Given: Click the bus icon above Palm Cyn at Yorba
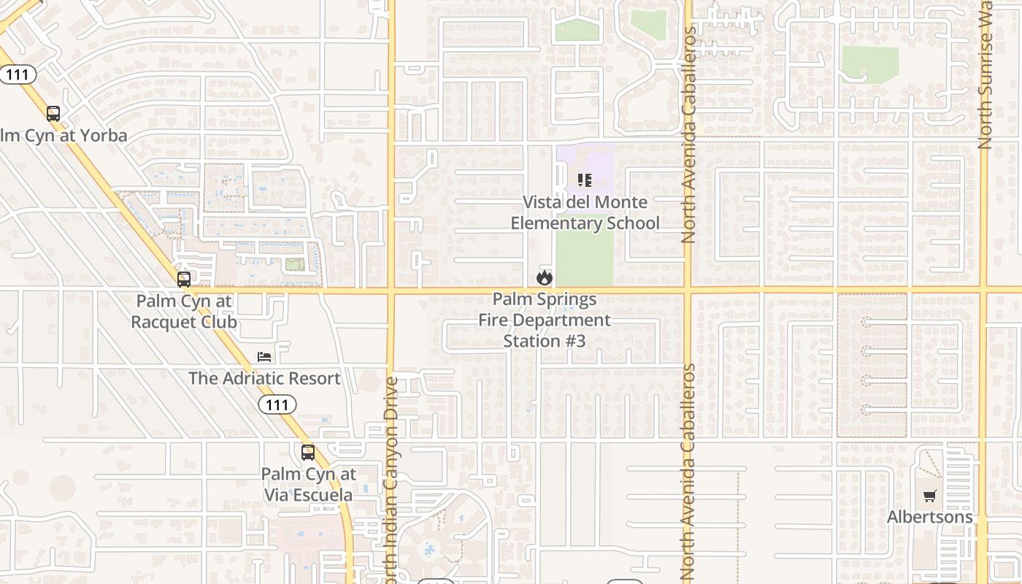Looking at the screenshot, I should (53, 114).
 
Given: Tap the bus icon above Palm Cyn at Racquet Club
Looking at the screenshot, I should (184, 279).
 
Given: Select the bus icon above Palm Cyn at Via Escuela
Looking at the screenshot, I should (308, 452).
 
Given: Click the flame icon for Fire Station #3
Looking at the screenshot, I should (544, 277).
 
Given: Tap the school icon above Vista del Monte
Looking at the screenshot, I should (584, 180).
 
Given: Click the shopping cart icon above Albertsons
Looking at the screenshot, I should (929, 496).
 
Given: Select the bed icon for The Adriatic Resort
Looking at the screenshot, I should (264, 356).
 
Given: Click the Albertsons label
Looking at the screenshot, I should (929, 517).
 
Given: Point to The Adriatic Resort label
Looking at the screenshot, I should (264, 378).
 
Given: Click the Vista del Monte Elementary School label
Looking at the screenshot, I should (585, 212).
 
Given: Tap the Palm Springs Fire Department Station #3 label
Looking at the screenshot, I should (545, 320).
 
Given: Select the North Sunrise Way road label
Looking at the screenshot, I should (985, 73).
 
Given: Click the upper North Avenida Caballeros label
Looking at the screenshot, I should (688, 139).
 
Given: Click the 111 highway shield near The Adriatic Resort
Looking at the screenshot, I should (277, 404).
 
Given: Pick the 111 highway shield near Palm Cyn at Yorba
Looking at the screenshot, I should (17, 74).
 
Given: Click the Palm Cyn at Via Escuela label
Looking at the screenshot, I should (308, 484).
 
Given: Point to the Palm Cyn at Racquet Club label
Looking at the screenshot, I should (184, 311).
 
